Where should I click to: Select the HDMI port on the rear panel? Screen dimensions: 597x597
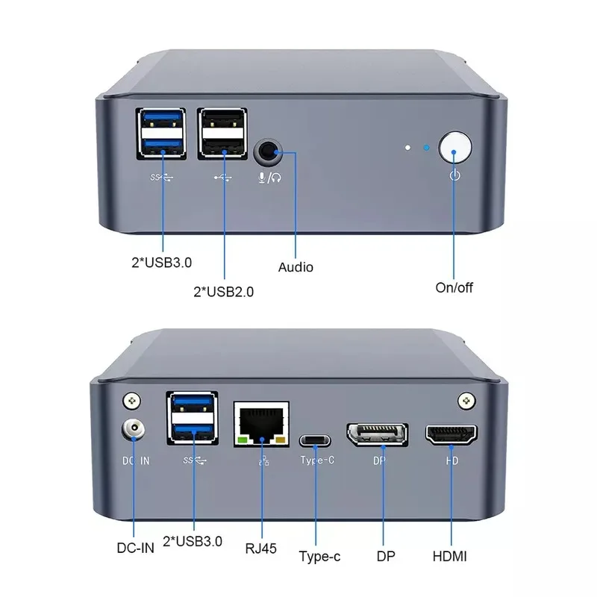coord(452,435)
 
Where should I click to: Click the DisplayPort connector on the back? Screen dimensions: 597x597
coord(376,435)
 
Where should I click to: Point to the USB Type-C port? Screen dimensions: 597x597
coord(316,438)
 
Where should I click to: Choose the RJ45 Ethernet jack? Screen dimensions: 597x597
coord(261,425)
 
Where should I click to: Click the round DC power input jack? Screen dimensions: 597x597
coord(132,431)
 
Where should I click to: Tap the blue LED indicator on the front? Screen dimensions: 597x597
coord(426,147)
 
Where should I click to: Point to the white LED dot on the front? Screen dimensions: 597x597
coord(407,147)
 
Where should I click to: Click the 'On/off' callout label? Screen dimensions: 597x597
coord(454,287)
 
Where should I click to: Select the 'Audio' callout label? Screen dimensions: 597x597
coord(296,267)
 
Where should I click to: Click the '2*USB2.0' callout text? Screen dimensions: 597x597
coord(223,292)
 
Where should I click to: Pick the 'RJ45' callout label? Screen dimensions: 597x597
coord(260,548)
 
